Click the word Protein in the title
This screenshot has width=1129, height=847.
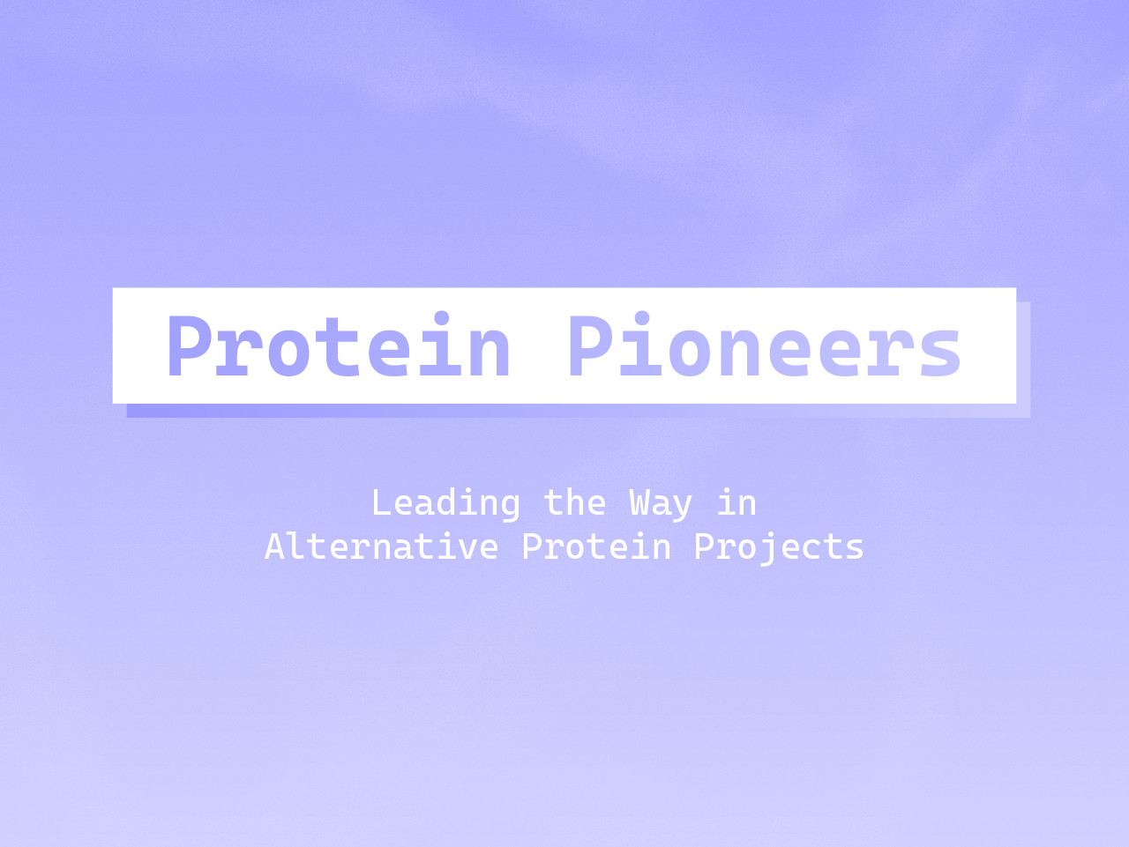[339, 347]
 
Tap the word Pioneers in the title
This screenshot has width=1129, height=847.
[764, 347]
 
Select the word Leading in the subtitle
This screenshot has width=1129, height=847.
[445, 503]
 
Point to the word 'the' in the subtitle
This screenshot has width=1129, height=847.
[574, 503]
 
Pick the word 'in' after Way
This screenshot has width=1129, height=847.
[736, 503]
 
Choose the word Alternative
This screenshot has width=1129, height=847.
[381, 546]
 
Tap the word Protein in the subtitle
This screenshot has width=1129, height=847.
[596, 546]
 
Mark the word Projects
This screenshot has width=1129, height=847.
[779, 547]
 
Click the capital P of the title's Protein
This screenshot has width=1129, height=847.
[189, 347]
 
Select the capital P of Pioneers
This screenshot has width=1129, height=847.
[591, 347]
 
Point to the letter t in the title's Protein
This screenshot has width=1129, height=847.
[340, 347]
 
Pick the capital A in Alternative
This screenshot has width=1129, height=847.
[274, 546]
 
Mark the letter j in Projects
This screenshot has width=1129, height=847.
[757, 548]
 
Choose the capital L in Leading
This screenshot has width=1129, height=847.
[381, 503]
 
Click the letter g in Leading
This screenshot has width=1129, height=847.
[510, 507]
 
